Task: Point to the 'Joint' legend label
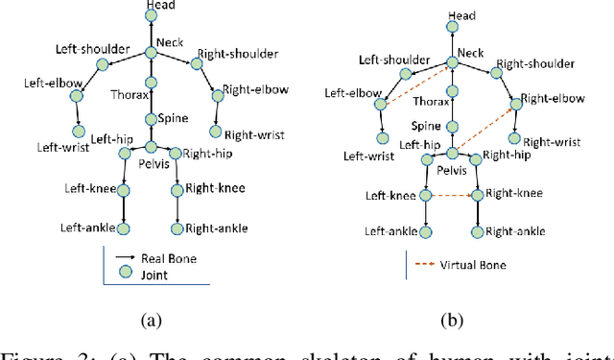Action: tap(156, 274)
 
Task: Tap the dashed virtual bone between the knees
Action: tap(452, 196)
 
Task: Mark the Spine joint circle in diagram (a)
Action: tap(151, 119)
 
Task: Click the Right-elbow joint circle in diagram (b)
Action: tap(515, 99)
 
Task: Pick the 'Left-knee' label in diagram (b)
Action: tap(390, 196)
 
